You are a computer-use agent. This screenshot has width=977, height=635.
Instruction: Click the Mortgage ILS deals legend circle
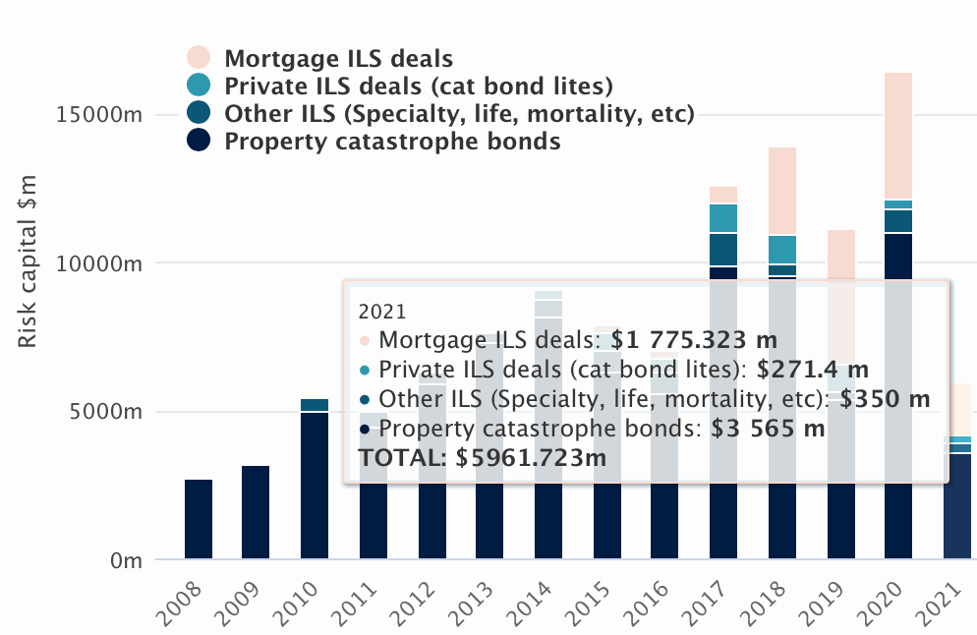199,58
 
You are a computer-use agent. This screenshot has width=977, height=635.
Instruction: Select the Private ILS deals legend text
419,86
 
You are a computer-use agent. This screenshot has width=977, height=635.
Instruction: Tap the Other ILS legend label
459,114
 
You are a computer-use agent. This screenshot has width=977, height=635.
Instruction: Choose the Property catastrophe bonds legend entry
392,142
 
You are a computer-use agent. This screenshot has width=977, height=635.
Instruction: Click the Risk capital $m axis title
29,261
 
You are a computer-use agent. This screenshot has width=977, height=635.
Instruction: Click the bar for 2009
257,512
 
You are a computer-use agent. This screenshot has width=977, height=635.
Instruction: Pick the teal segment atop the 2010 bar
315,405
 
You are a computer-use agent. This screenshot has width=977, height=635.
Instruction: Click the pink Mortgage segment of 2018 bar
782,191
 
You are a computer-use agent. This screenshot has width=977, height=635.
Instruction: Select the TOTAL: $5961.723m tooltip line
483,457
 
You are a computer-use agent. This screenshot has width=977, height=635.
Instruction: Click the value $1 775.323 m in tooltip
694,341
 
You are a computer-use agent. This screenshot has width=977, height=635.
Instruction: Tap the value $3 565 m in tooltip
768,429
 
